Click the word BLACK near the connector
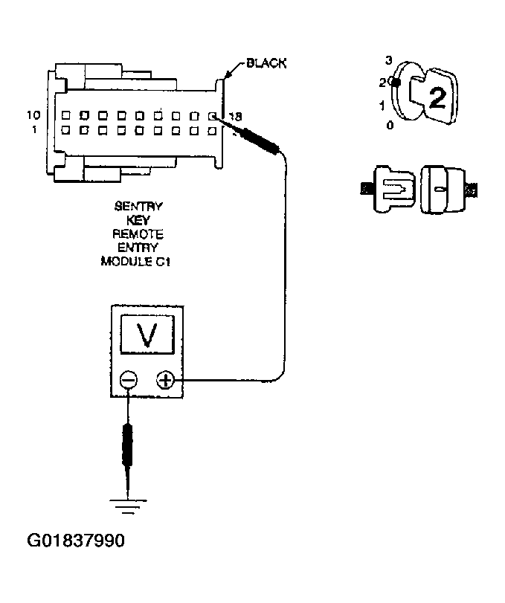[x=266, y=64]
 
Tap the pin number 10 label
[x=33, y=115]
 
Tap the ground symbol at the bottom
[x=129, y=505]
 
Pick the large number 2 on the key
[x=438, y=99]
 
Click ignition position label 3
[x=388, y=59]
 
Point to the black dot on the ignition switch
[x=396, y=83]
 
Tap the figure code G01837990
[x=75, y=540]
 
